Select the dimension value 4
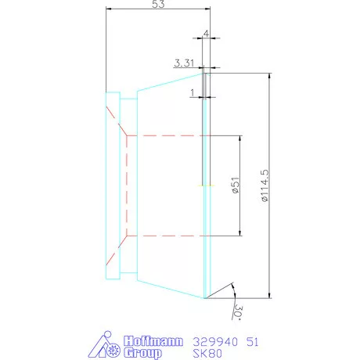click(x=205, y=34)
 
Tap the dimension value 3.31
click(x=184, y=62)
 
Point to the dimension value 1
click(x=193, y=92)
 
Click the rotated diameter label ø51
click(x=234, y=185)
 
